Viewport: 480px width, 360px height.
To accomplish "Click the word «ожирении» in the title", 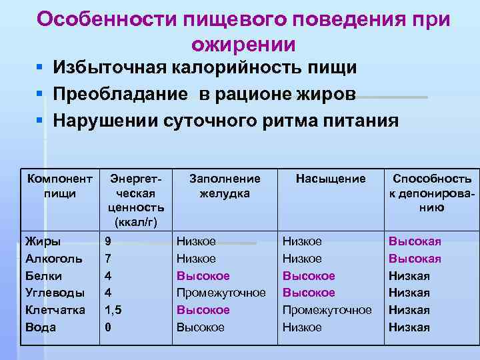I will pos(243,43).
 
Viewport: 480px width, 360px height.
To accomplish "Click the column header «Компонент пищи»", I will pos(60,186).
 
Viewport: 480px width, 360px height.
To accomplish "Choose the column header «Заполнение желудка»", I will pos(225,186).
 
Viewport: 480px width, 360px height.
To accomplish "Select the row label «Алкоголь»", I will pos(53,259).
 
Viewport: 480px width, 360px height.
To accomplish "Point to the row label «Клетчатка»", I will pos(55,310).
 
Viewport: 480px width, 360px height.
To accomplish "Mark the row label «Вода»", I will pos(41,327).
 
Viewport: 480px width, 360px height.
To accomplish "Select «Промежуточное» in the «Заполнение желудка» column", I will pos(221,293).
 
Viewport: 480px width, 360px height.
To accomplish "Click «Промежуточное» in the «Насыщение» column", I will pos(327,310).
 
